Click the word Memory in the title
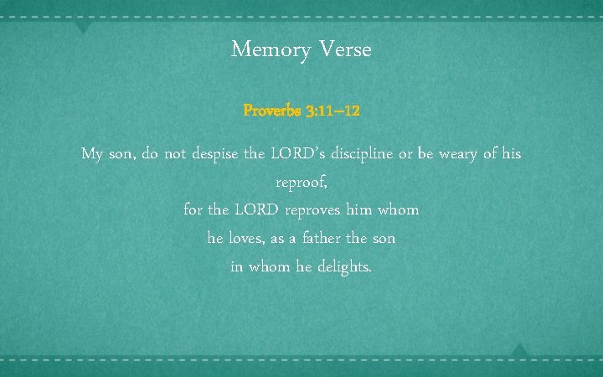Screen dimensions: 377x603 click(x=271, y=50)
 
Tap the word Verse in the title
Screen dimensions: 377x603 click(x=345, y=50)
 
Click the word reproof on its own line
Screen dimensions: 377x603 click(x=301, y=183)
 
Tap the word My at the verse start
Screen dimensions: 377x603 click(x=92, y=155)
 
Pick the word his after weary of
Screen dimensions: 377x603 click(x=511, y=154)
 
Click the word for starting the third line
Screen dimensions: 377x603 click(x=194, y=209)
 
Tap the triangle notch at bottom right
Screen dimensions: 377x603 click(x=519, y=349)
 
